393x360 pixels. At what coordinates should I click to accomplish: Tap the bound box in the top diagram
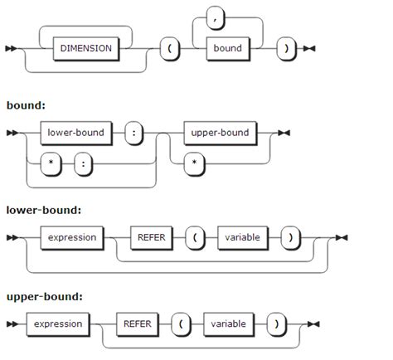click(x=227, y=48)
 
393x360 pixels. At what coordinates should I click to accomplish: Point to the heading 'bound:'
click(x=25, y=106)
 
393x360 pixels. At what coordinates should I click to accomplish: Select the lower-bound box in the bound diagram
click(x=76, y=132)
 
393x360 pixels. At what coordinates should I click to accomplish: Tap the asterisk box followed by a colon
click(x=52, y=163)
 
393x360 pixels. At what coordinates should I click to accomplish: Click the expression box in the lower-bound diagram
click(x=71, y=237)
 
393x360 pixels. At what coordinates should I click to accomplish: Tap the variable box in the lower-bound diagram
click(x=242, y=237)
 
